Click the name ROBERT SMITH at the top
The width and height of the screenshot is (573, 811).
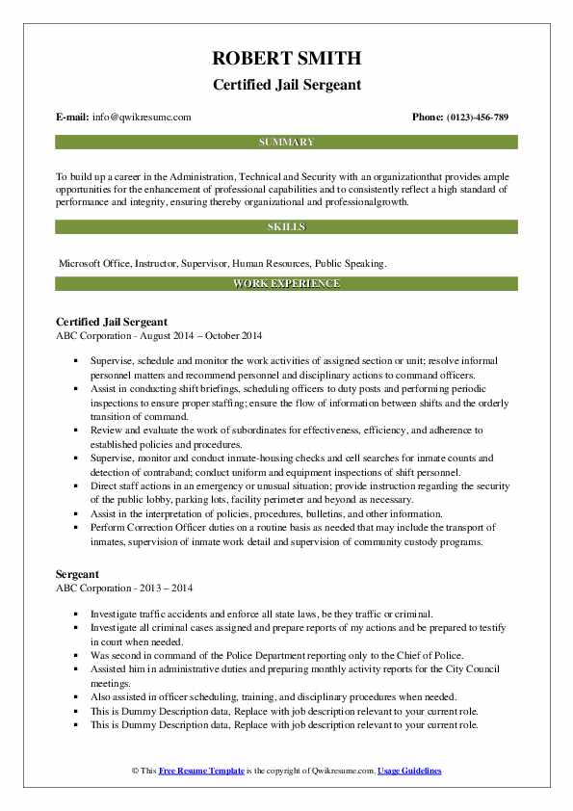click(286, 60)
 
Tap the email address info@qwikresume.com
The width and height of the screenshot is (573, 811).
click(143, 118)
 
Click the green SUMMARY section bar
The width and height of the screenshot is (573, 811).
click(286, 142)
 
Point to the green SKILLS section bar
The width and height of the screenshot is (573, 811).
click(286, 226)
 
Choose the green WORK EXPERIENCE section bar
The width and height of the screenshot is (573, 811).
click(286, 283)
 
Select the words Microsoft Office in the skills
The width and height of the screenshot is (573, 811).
click(94, 262)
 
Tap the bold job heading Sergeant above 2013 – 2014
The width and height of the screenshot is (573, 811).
click(78, 574)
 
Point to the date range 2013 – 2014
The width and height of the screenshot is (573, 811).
click(165, 588)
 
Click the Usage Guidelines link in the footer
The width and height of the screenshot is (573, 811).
click(409, 771)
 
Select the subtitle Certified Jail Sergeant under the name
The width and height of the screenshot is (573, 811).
click(286, 85)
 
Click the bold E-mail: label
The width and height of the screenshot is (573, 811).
click(73, 118)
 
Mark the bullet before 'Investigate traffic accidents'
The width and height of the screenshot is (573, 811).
click(74, 614)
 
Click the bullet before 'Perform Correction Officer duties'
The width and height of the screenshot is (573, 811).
click(74, 529)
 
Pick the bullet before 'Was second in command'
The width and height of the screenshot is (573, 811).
click(74, 654)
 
